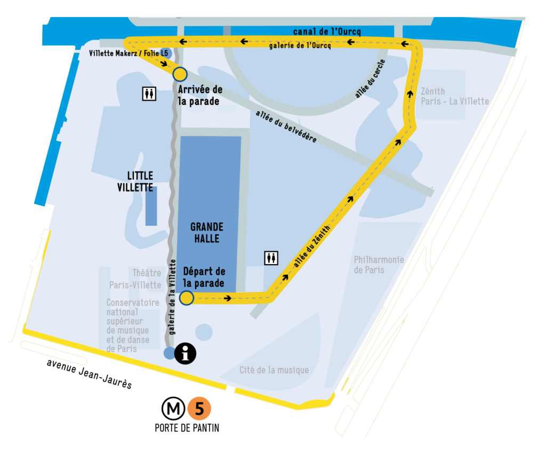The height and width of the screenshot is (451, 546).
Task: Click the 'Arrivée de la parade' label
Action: click(x=200, y=95)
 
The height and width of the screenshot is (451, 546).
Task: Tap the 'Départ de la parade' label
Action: click(x=203, y=277)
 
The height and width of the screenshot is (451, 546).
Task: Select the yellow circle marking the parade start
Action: click(x=187, y=298)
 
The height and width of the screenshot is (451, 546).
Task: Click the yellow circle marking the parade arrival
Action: click(x=180, y=74)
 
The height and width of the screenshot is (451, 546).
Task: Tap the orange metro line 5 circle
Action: click(x=199, y=409)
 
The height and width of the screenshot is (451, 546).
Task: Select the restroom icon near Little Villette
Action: click(x=149, y=94)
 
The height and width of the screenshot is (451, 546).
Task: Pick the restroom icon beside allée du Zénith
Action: click(x=271, y=258)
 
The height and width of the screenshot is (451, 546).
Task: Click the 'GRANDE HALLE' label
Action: click(x=206, y=233)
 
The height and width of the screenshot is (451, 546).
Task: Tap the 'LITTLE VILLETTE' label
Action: click(x=140, y=182)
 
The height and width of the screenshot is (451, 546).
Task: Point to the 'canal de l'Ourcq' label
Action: click(x=327, y=31)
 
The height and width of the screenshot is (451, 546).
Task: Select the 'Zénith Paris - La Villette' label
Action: click(x=454, y=96)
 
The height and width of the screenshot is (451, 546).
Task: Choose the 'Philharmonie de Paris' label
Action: click(x=379, y=265)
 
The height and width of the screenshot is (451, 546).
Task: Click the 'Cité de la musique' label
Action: click(x=274, y=370)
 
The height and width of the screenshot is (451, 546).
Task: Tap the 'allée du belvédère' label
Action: click(x=286, y=127)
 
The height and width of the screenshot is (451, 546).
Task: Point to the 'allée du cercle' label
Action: click(x=371, y=78)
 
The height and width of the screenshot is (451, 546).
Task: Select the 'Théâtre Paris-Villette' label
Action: click(x=135, y=280)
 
